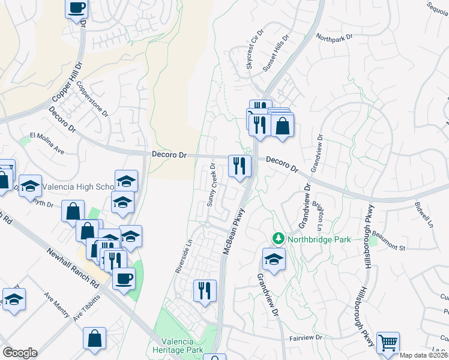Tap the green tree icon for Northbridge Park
(x=278, y=239)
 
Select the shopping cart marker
(x=388, y=343)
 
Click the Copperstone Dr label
(x=92, y=99)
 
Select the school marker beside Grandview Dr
(x=274, y=259)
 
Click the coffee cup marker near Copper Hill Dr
(x=77, y=8)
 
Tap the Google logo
(x=20, y=353)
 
